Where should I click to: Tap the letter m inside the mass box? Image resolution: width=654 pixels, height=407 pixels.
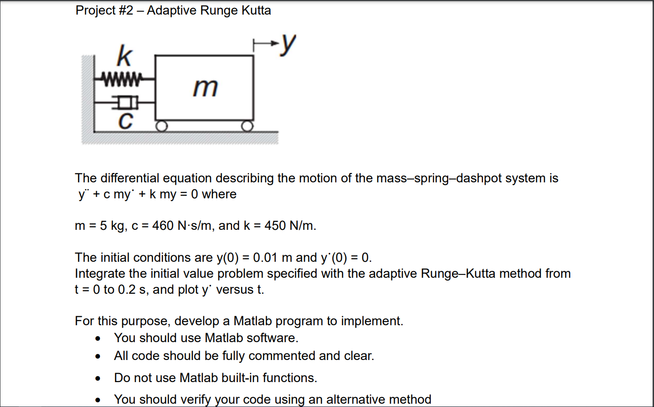coord(205,87)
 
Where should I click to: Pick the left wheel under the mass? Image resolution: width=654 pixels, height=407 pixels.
coord(162,126)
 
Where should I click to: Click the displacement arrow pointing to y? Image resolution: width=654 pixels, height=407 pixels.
coord(265,45)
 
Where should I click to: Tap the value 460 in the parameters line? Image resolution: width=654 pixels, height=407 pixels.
coord(163,226)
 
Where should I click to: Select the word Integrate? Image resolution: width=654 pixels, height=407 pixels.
coord(101,274)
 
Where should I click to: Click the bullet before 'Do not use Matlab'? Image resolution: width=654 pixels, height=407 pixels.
coord(97,378)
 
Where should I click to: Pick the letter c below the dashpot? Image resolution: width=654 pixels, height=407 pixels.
coord(124,120)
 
